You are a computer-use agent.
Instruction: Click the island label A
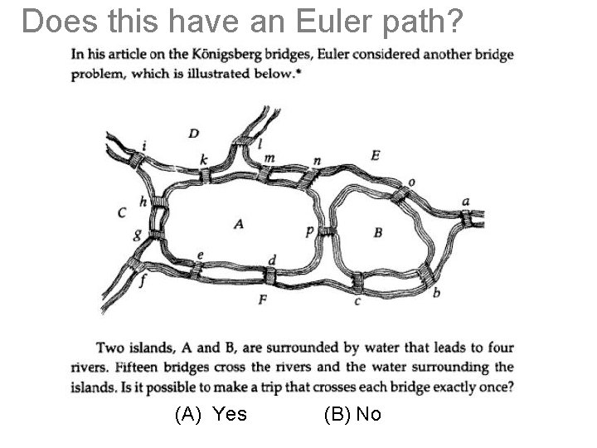coord(239,223)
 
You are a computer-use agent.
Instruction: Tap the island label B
coord(378,232)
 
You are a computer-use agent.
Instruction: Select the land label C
coord(122,212)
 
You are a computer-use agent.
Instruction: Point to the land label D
coord(193,133)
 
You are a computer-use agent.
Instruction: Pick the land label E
coord(376,154)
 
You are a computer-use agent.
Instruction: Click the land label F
coord(262,299)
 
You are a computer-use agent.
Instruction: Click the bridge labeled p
coord(328,231)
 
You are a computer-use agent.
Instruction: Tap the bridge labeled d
coord(269,275)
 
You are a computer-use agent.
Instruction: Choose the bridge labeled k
coord(206,175)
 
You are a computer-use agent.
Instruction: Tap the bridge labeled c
coord(356,282)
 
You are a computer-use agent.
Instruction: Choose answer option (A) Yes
coord(211,413)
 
